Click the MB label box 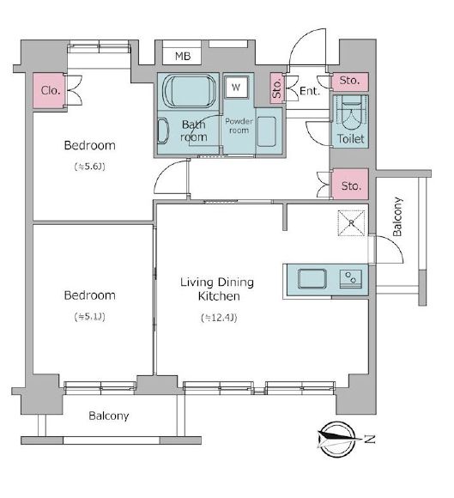182,56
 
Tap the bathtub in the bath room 189,92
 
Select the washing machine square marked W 236,87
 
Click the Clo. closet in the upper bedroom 50,90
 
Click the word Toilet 350,139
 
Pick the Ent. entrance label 310,92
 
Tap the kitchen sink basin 312,279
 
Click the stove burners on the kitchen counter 351,278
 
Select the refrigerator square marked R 351,223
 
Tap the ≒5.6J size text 89,167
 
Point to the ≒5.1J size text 89,317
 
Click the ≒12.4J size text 219,318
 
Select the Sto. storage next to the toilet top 350,82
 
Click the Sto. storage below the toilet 350,185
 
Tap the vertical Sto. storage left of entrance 277,88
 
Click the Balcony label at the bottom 109,416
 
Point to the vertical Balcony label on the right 397,216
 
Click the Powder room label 239,125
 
